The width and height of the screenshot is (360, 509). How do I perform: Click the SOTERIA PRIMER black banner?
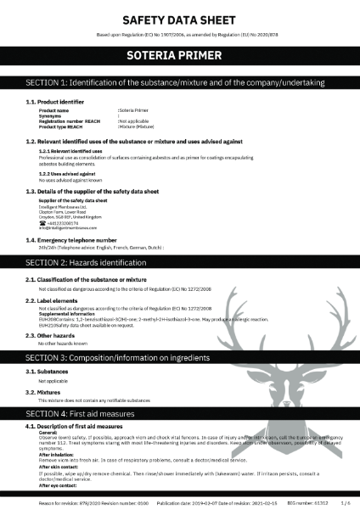(x=179, y=56)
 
